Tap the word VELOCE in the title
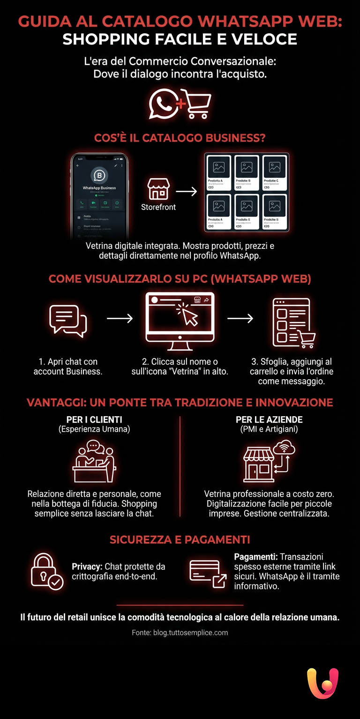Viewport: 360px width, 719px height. pyautogui.click(x=266, y=39)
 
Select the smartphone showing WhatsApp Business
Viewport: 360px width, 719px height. pyautogui.click(x=99, y=193)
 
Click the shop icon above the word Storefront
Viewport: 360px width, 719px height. pyautogui.click(x=158, y=189)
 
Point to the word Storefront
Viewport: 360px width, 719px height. pyautogui.click(x=158, y=207)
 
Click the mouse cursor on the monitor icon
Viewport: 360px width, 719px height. pyautogui.click(x=189, y=316)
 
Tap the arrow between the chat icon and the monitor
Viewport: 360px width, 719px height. pyautogui.click(x=120, y=319)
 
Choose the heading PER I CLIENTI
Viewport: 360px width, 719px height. pyautogui.click(x=94, y=419)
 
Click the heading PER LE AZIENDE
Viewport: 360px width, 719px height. pyautogui.click(x=269, y=419)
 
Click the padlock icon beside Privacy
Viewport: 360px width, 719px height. pyautogui.click(x=46, y=570)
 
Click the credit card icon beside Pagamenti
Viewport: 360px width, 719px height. pyautogui.click(x=207, y=572)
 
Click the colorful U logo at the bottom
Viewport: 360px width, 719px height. pyautogui.click(x=322, y=684)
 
